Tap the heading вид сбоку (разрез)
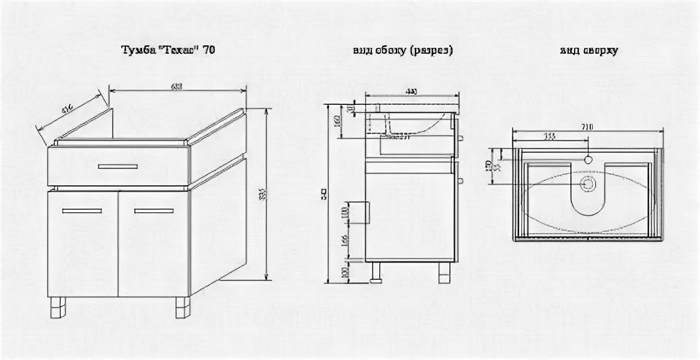click(x=402, y=51)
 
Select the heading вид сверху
click(x=589, y=51)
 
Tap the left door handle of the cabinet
click(x=82, y=211)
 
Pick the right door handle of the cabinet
click(x=153, y=211)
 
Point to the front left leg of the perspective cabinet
click(x=59, y=308)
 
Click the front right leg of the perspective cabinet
click(x=182, y=308)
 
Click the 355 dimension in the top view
click(x=549, y=136)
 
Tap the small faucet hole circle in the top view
click(x=588, y=159)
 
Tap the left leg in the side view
click(x=377, y=272)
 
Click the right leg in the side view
click(x=444, y=272)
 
